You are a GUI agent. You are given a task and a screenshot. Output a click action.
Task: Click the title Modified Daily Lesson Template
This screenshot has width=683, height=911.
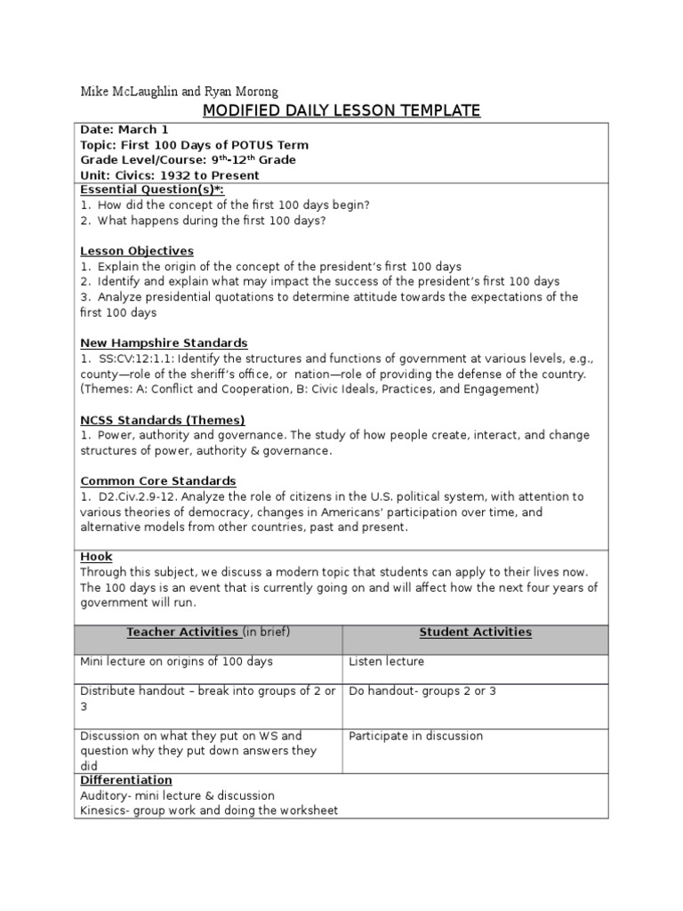(341, 110)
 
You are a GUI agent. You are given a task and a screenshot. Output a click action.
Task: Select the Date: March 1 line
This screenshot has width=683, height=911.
(124, 130)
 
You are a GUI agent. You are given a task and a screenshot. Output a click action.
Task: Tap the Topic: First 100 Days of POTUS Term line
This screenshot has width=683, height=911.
(195, 145)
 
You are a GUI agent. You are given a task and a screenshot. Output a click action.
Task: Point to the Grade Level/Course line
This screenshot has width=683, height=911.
(189, 160)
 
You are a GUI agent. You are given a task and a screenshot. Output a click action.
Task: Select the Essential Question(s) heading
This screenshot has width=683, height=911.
(152, 189)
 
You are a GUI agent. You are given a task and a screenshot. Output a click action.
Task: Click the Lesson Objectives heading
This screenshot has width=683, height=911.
(137, 251)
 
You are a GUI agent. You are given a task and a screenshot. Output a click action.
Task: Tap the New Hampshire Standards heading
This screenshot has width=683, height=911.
(164, 343)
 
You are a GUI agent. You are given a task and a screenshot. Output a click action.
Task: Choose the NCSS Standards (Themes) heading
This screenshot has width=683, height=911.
(162, 420)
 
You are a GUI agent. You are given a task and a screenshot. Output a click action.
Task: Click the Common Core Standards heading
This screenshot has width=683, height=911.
(158, 481)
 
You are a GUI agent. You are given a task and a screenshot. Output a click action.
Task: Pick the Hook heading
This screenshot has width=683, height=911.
(96, 557)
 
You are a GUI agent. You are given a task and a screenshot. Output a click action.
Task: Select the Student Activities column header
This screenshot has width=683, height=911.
(475, 633)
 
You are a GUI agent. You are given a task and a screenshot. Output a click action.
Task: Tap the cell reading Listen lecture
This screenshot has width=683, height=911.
(386, 662)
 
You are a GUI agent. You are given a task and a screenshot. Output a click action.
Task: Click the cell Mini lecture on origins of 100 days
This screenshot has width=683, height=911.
(176, 662)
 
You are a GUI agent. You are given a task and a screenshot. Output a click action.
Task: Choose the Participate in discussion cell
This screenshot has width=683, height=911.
(415, 736)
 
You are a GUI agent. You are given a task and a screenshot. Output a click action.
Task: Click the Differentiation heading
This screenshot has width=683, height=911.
(126, 780)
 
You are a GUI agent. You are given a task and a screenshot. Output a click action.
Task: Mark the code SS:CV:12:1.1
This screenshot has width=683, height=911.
(135, 359)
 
